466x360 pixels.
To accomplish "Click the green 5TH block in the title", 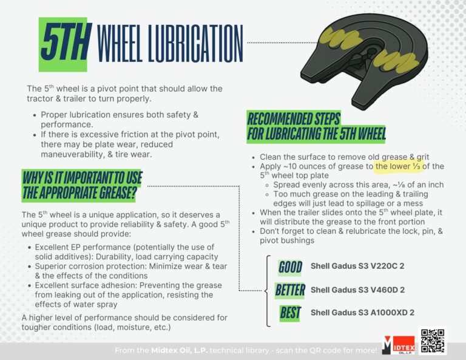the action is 63,44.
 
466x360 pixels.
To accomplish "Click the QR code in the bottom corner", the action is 433,341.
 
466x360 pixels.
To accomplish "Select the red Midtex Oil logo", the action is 399,345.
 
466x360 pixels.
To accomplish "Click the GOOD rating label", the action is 290,267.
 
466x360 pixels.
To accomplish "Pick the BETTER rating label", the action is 290,290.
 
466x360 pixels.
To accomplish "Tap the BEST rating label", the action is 290,313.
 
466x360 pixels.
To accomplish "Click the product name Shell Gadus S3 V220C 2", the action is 357,266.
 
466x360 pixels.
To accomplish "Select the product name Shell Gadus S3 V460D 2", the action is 357,290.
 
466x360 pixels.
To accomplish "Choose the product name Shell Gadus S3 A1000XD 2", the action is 362,313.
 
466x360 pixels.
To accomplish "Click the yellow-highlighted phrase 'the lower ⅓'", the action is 398,166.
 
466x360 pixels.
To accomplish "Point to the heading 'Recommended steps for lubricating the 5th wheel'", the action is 316,126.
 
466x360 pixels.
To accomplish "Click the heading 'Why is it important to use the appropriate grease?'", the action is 82,185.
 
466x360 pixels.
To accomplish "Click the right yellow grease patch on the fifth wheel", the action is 396,61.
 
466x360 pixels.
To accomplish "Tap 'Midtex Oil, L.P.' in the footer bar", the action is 179,350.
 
